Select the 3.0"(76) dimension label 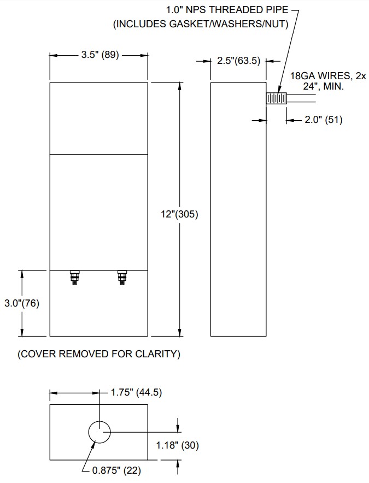(x=21, y=303)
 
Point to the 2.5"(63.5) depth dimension (x=238, y=61)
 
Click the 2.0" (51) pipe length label (x=323, y=120)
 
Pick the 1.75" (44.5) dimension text (x=136, y=392)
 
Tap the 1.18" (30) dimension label (x=177, y=445)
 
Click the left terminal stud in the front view (x=74, y=277)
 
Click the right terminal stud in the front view (x=122, y=277)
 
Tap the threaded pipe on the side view (x=277, y=98)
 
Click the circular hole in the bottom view (x=99, y=432)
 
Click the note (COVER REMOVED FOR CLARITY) (x=99, y=354)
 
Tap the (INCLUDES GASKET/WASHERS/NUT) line (x=200, y=24)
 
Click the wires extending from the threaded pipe (x=302, y=98)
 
